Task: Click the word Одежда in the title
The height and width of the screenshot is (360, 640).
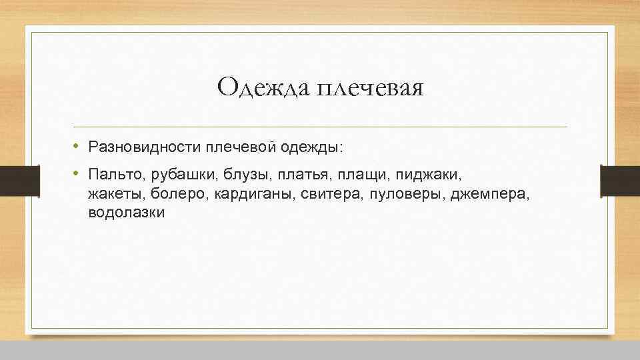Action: point(257,87)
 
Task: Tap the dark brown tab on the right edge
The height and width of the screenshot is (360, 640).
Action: point(619,181)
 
